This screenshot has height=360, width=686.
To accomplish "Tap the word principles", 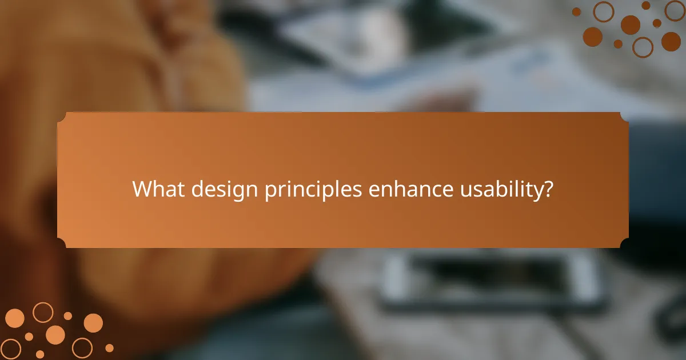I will pos(313,190).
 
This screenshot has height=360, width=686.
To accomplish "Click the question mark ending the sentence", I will pos(548,189).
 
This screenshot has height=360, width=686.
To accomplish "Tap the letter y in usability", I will pos(539,191).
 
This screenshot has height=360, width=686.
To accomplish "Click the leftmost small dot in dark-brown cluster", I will pos(576,11).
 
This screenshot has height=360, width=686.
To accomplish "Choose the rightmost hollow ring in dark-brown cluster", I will pos(675,10).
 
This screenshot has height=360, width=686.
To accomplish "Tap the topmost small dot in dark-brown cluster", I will pos(646,5).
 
